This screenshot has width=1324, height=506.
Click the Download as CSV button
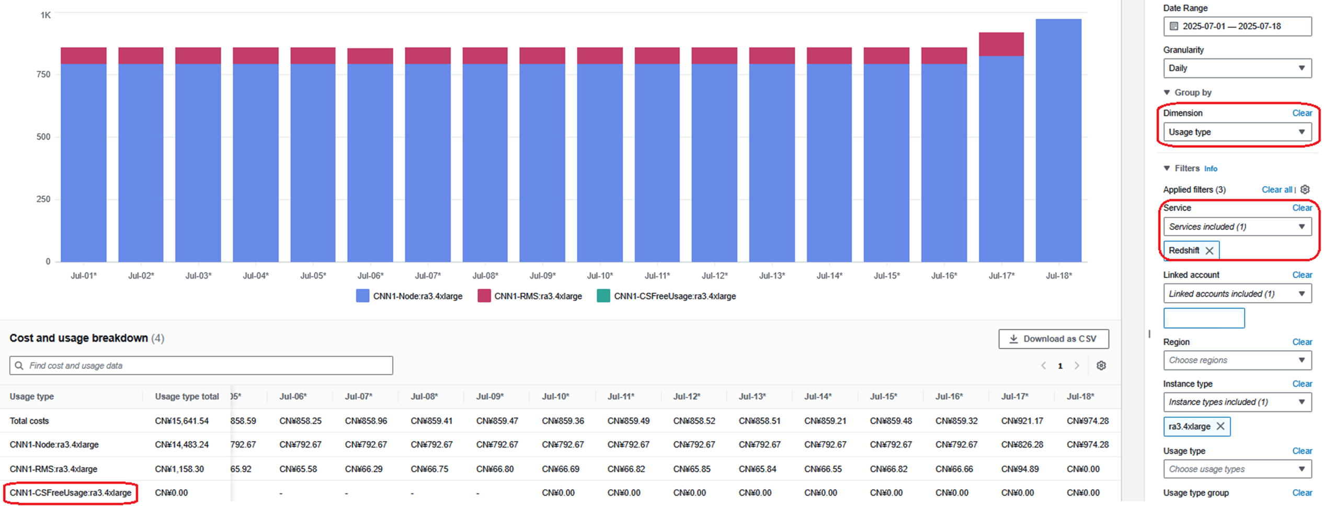pos(1053,339)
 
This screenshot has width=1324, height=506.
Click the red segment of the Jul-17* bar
pos(1001,44)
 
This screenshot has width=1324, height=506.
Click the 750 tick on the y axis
pos(44,74)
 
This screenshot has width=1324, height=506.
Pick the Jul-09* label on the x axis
pos(542,275)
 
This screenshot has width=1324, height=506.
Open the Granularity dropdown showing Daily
pos(1237,68)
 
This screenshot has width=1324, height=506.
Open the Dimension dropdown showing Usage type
pos(1237,132)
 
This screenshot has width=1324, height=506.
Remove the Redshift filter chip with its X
pos(1209,250)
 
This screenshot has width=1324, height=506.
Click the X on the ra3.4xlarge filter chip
pos(1220,426)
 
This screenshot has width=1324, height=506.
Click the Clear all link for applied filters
pos(1277,189)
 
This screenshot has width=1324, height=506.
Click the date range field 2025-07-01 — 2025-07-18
pos(1237,26)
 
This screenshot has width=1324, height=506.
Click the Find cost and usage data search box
pos(201,365)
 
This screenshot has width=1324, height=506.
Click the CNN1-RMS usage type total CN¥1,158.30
pos(179,469)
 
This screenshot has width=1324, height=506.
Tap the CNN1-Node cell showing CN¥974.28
pos(1088,444)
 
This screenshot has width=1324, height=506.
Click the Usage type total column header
pos(187,396)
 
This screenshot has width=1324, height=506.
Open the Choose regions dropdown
pos(1237,360)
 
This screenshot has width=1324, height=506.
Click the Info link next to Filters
pos(1211,168)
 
